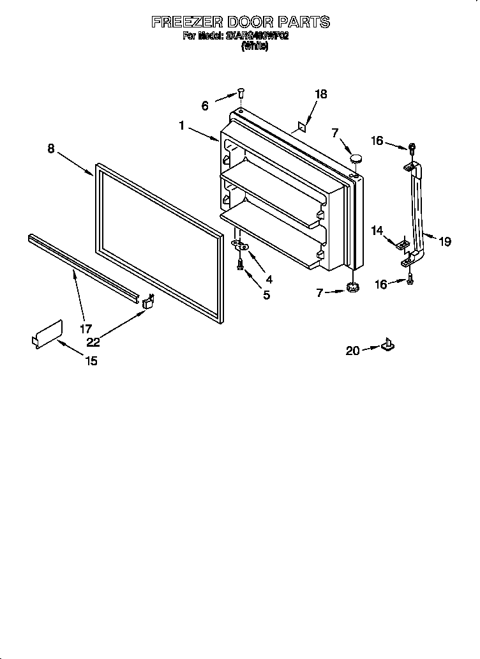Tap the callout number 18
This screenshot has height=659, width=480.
[x=320, y=94]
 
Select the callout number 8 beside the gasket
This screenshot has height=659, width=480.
[x=51, y=149]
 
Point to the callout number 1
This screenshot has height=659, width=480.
[x=182, y=126]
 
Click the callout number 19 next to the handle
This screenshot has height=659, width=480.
[x=445, y=241]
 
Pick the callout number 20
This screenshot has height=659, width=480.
[x=353, y=350]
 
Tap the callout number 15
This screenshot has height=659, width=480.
[x=91, y=361]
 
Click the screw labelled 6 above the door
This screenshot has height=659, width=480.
[x=241, y=93]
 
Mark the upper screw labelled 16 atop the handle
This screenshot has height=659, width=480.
[x=412, y=148]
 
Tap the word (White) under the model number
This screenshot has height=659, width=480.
[x=254, y=47]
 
